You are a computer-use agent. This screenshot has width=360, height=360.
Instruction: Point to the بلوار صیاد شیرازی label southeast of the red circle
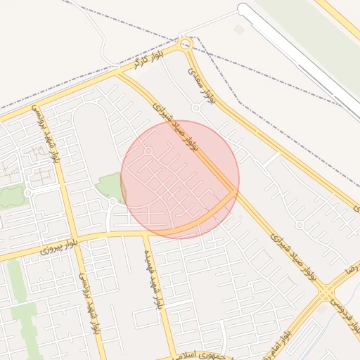tap(291, 248)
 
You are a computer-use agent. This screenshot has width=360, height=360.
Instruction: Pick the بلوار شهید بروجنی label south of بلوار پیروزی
tap(91, 304)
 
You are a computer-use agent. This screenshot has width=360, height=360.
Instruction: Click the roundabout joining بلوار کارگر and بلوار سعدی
tap(186, 44)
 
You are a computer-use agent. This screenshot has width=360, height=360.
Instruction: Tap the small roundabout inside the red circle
tap(148, 151)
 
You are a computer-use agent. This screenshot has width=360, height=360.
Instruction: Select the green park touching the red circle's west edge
tap(111, 186)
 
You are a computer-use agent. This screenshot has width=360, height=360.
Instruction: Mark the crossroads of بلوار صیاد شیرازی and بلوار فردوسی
tap(325, 291)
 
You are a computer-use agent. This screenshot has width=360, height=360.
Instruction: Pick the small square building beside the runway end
tap(239, 30)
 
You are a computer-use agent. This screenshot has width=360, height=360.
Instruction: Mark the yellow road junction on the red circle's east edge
tap(234, 191)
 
